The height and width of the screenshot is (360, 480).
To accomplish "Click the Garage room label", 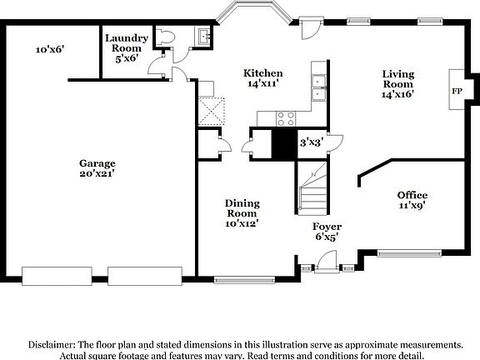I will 98,163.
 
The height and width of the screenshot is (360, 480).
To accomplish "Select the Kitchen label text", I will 262,73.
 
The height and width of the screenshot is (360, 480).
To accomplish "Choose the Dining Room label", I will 242,208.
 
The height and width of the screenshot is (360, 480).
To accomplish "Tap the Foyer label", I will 327,227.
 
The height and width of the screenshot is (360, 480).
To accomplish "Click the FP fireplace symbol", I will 457,90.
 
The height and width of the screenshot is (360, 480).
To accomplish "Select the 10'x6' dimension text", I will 50,50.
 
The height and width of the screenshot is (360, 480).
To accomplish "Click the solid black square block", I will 285,143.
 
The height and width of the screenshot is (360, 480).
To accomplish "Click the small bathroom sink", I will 202,37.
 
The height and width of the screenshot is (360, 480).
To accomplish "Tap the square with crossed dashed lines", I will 211,110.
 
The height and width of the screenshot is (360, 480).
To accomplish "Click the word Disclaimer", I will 51,343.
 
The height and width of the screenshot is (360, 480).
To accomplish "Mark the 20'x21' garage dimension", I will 98,174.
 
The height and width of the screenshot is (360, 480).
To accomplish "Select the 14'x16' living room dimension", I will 397,94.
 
